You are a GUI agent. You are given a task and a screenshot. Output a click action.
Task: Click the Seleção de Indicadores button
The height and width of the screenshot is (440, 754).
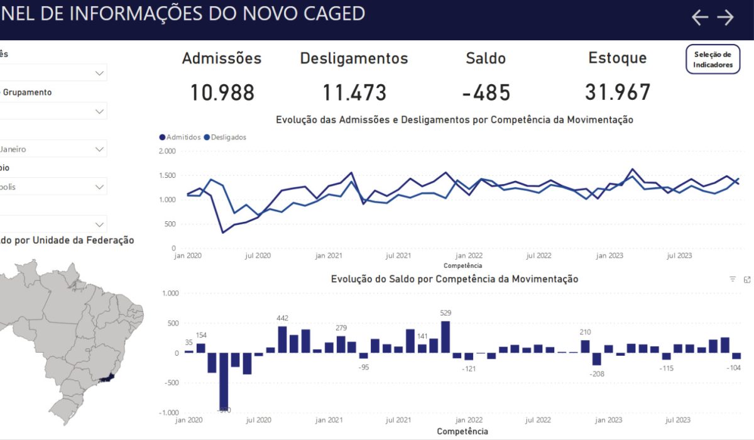click(x=713, y=60)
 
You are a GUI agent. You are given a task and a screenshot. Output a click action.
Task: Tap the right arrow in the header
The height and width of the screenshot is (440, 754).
click(x=726, y=17)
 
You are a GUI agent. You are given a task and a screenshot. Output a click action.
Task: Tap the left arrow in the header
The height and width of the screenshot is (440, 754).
click(x=699, y=17)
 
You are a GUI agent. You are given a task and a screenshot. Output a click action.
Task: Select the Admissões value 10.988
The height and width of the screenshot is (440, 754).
click(x=222, y=93)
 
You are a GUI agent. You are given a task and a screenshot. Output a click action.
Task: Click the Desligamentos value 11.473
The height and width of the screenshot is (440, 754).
click(x=354, y=93)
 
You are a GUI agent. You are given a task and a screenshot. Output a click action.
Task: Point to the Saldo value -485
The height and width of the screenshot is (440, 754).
click(x=486, y=93)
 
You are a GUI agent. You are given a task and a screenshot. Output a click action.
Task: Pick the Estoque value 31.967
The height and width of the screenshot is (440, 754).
click(x=618, y=93)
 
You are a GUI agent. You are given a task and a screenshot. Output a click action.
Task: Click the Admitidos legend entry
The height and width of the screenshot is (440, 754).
click(x=180, y=137)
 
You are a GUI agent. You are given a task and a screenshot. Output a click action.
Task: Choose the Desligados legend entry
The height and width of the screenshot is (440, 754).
click(x=225, y=137)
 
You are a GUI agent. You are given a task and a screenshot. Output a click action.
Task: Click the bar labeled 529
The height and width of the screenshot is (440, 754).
click(x=445, y=337)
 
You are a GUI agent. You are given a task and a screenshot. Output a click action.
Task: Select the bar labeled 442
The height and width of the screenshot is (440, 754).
click(x=282, y=339)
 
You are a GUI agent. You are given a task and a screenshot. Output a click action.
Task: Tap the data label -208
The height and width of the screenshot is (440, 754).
click(x=597, y=374)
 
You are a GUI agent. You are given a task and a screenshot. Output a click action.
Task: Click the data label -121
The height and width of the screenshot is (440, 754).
click(x=469, y=368)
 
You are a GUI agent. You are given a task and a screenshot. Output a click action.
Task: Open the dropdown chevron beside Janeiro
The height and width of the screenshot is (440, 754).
click(x=99, y=149)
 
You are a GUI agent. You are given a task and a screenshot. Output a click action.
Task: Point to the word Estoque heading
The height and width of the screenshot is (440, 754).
click(x=618, y=58)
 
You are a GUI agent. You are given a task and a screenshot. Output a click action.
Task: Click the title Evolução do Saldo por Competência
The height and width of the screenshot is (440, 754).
click(x=454, y=278)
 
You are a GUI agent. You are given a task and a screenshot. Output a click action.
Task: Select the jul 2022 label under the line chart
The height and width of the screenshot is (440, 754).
click(x=538, y=256)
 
